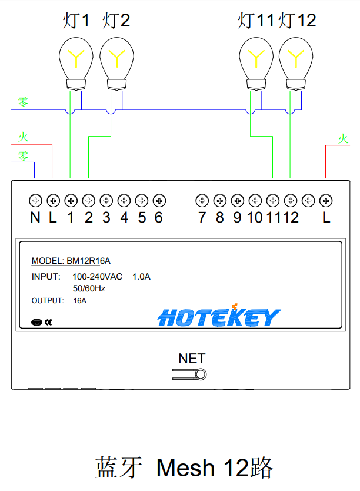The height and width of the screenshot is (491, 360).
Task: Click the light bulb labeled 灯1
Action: pos(76,59)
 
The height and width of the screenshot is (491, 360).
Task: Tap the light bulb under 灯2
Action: pos(117,59)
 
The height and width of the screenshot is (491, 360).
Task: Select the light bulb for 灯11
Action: pos(256,59)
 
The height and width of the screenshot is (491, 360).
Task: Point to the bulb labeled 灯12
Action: pos(296,59)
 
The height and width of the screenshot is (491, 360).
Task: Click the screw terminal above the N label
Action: pos(35,201)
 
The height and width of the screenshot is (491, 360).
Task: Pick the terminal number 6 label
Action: pos(158,218)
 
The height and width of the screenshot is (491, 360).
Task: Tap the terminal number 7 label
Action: pos(202,218)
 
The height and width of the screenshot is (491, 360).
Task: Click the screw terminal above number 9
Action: pos(237,201)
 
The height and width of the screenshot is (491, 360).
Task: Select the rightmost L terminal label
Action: pos(325,218)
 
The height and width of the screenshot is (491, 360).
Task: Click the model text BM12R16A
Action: pos(88,261)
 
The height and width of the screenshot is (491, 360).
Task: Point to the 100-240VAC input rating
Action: pos(97,277)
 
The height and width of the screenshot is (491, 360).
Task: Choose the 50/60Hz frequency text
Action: pos(89,288)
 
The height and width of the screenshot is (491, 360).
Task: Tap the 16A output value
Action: pos(79,301)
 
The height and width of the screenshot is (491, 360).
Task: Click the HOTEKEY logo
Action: pos(219,317)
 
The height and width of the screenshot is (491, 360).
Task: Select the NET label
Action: pos(192,359)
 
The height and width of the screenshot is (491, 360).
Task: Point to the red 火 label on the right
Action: pos(343,139)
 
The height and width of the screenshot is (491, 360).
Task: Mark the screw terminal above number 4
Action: pos(124,201)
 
